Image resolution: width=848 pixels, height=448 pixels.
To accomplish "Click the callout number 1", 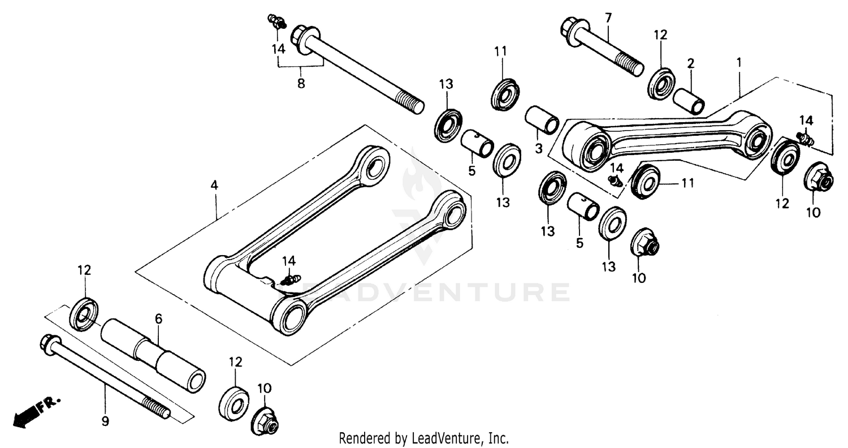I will tap(739, 61).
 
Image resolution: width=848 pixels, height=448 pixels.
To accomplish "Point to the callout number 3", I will tap(538, 149).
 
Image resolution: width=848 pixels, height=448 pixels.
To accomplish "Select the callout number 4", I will tap(214, 185).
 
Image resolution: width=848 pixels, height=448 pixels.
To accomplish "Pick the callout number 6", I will tap(159, 319).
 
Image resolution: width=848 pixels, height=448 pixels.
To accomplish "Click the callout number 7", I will tap(608, 17).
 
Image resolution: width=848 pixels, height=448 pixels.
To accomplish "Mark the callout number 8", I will tap(301, 84).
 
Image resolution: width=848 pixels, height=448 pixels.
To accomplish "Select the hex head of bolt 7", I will tap(574, 28).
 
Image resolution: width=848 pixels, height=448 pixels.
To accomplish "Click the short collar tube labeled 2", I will tap(688, 101).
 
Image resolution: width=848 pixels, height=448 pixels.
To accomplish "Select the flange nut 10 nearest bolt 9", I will tap(265, 421).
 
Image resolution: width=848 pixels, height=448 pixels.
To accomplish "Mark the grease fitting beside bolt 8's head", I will tap(276, 21).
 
